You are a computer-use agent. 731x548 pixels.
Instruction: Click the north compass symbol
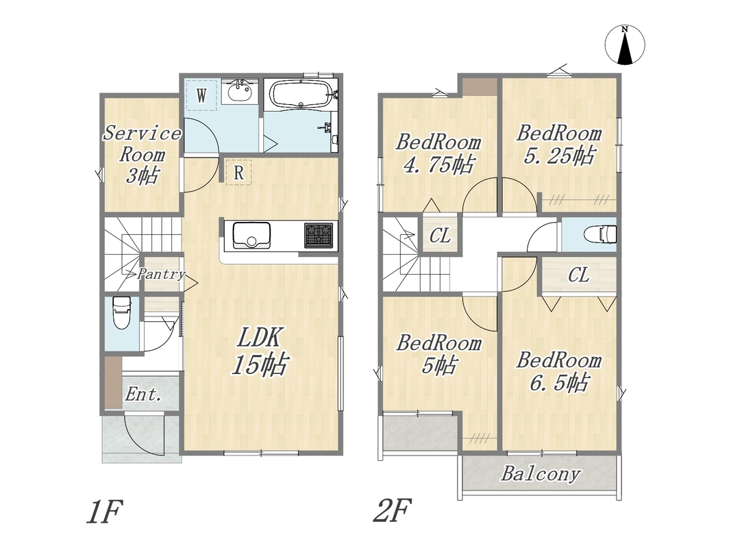[x=625, y=45]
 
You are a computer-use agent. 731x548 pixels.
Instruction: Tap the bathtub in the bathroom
[x=301, y=95]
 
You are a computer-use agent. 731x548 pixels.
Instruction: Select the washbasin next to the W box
[x=240, y=92]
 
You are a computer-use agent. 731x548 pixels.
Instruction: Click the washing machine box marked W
[x=201, y=95]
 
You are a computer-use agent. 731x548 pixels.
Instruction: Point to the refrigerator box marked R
[x=238, y=173]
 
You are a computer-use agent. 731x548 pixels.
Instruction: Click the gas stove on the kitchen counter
[x=319, y=235]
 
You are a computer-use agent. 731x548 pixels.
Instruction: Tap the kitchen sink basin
[x=251, y=235]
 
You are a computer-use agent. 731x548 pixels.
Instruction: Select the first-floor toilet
[x=122, y=312]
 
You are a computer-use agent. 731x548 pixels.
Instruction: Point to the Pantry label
[x=161, y=274]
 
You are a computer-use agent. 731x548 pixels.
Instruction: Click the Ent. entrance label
[x=143, y=395]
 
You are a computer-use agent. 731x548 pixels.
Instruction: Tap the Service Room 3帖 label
[x=142, y=154]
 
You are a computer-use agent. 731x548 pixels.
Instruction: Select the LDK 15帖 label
[x=260, y=351]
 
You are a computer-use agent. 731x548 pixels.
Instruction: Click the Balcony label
[x=541, y=475]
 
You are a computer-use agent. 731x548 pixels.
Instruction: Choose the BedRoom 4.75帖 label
[x=438, y=153]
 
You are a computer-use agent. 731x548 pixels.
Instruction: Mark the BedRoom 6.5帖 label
[x=559, y=372]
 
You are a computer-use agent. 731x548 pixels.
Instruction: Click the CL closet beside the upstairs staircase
[x=440, y=236]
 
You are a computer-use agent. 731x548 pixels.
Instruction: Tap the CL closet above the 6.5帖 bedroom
[x=578, y=275]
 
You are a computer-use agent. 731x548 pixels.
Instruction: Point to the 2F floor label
[x=392, y=510]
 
